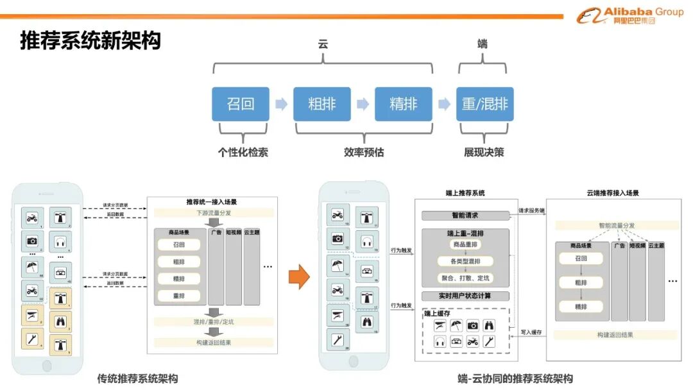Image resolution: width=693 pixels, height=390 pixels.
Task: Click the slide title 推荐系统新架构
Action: [x=90, y=41]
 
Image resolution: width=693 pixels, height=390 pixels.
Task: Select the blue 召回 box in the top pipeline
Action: [x=241, y=104]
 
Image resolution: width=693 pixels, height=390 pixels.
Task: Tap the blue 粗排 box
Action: [x=322, y=104]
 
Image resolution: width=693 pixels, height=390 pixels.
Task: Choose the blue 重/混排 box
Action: [x=485, y=104]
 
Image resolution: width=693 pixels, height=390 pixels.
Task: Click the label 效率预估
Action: [x=364, y=153]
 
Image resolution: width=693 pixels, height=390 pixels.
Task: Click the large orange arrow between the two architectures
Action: [x=298, y=276]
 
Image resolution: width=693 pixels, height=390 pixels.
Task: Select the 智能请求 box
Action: [x=465, y=216]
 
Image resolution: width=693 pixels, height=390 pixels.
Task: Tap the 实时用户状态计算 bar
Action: [x=465, y=296]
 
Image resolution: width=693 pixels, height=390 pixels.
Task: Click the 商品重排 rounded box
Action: [x=465, y=244]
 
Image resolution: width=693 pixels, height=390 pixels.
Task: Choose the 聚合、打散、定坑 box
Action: [x=465, y=278]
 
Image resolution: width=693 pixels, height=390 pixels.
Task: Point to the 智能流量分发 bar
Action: [x=617, y=226]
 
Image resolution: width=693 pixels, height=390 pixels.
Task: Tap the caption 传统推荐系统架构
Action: [x=137, y=378]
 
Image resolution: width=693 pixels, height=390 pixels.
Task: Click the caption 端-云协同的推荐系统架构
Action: [x=506, y=378]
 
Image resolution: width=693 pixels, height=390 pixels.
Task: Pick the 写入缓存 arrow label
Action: [x=530, y=332]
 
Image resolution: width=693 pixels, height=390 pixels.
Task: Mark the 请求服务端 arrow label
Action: [x=532, y=210]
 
